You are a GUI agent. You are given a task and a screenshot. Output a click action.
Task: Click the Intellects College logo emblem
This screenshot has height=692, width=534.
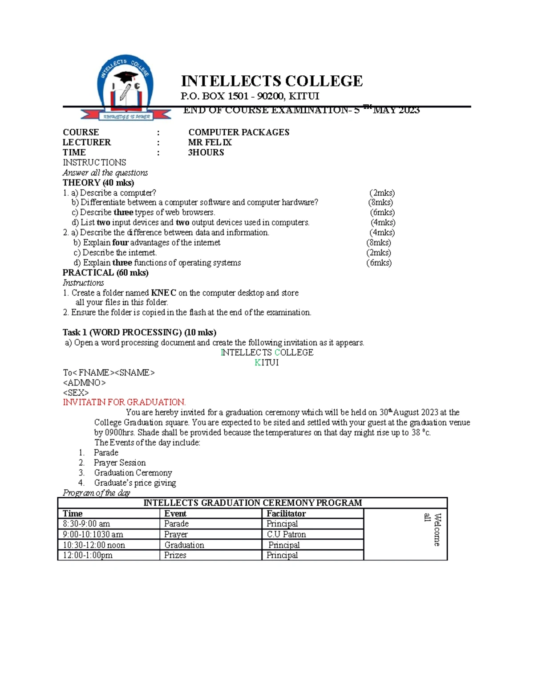(126, 89)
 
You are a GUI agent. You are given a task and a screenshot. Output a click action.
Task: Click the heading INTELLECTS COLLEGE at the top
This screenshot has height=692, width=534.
(271, 81)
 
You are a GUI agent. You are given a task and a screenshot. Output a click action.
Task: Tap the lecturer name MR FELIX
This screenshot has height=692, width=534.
(210, 143)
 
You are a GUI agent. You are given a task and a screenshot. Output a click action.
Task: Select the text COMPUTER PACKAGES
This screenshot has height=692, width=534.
(239, 132)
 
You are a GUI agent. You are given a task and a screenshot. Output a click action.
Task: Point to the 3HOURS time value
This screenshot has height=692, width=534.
(206, 152)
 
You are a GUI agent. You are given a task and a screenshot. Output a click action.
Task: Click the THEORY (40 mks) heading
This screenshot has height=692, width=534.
(98, 183)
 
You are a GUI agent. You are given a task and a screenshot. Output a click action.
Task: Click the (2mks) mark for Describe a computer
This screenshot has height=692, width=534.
(382, 193)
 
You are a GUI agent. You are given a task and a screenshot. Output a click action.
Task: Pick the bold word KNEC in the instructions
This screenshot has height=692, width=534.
(163, 293)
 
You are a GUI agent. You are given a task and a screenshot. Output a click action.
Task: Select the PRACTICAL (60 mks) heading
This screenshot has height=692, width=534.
(105, 273)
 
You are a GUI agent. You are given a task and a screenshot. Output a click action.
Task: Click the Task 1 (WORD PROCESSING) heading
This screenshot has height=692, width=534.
(139, 332)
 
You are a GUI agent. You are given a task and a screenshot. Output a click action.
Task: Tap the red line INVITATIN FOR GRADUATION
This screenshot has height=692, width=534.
(124, 402)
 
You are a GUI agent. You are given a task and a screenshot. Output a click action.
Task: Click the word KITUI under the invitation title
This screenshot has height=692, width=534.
(267, 363)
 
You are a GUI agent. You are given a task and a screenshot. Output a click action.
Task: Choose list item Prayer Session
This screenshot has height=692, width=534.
(120, 463)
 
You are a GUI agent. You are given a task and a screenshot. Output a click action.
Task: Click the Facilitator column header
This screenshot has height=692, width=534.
(286, 513)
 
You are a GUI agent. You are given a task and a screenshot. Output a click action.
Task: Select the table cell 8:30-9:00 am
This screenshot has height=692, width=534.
(86, 524)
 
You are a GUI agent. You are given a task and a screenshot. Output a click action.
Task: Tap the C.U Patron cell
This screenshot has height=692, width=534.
(286, 534)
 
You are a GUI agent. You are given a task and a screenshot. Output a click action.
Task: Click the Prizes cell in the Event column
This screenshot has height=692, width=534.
(175, 555)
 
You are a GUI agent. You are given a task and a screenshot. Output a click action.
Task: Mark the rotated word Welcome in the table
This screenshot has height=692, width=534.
(437, 529)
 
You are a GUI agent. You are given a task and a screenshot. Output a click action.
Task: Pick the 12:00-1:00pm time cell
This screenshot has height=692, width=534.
(88, 555)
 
